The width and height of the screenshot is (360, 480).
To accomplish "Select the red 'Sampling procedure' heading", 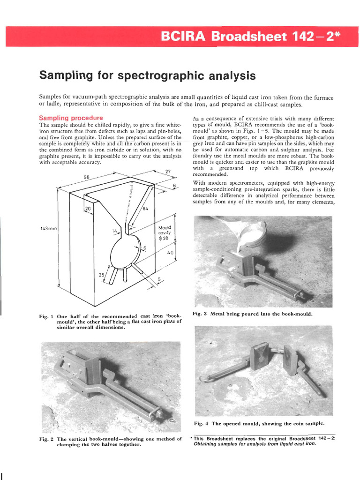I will click(x=71, y=118).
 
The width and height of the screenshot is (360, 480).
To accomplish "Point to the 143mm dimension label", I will click(x=48, y=229).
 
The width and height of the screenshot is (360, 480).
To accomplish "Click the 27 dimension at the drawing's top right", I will click(x=168, y=172).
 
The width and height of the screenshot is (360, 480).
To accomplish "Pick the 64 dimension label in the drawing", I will click(x=145, y=208).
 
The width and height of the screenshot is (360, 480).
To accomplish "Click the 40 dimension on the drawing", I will click(x=170, y=253).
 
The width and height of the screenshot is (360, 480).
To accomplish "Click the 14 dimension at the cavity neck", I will click(x=114, y=231).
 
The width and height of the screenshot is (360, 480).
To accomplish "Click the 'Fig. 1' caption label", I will click(x=47, y=316).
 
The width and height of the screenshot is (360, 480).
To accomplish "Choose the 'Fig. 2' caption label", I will click(x=47, y=439).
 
